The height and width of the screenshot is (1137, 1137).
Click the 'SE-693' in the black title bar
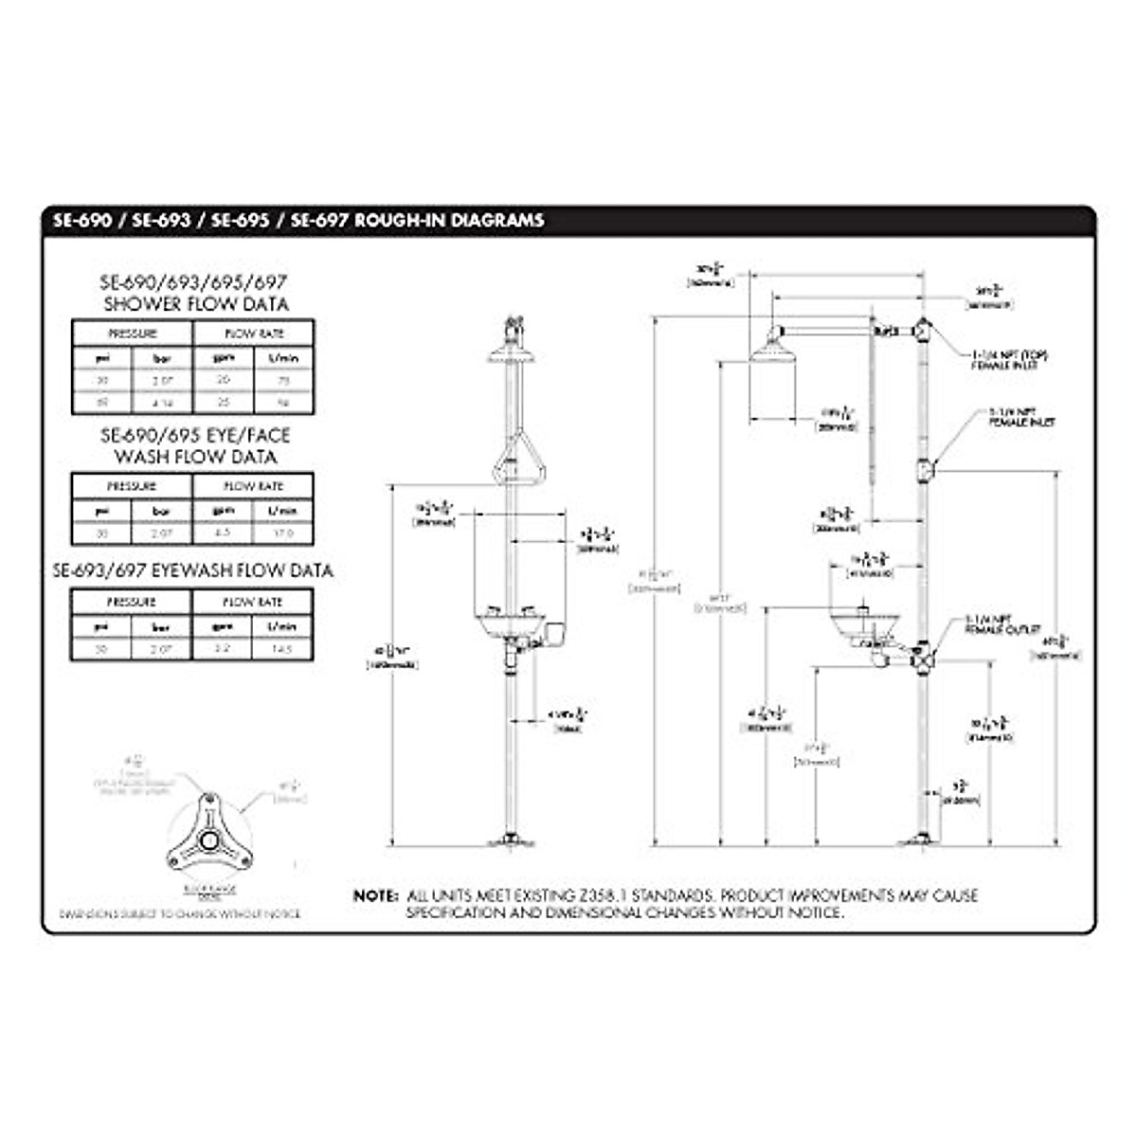pos(161,221)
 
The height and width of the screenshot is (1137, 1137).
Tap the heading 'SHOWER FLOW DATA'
pos(196,304)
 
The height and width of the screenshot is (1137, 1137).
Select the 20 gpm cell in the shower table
pos(224,380)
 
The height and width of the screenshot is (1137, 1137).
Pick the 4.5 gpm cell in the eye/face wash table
pos(224,533)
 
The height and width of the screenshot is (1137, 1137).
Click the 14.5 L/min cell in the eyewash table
pos(282,649)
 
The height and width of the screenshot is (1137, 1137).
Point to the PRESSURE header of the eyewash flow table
pos(132,602)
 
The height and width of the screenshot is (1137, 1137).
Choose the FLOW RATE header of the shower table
pos(253,334)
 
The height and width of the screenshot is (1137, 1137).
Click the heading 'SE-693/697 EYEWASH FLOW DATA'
pos(193,571)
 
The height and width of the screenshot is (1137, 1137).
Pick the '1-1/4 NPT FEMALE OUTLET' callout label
pos(1002,624)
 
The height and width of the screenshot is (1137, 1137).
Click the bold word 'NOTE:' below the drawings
pos(376,895)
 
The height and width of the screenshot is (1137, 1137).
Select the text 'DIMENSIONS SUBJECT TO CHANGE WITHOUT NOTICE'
pos(180,914)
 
